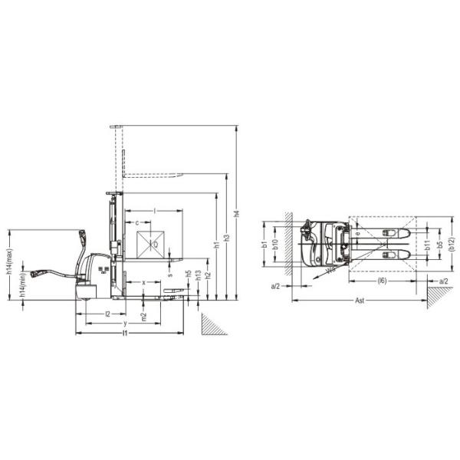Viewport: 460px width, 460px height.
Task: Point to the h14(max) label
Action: [x=8, y=260]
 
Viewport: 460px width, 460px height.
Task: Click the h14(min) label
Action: [x=23, y=285]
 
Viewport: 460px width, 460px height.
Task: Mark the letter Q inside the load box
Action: [x=155, y=245]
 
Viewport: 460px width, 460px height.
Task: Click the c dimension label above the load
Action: [x=137, y=222]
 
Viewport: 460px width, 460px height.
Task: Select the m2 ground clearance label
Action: [x=143, y=315]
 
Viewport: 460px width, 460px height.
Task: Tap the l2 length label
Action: [x=108, y=314]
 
